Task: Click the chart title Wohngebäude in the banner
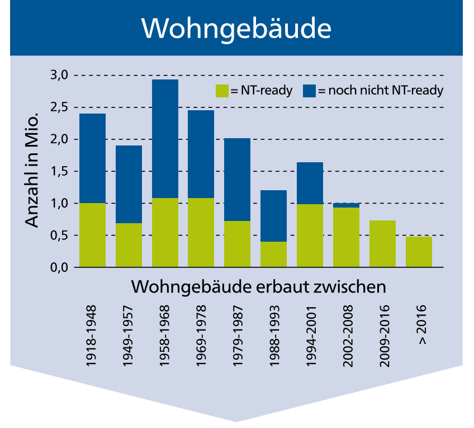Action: point(236,27)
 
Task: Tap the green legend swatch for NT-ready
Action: point(222,91)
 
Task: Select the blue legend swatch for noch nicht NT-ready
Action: point(309,91)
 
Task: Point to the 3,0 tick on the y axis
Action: point(60,75)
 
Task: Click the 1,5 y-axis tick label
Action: point(60,171)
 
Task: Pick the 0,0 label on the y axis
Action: point(60,267)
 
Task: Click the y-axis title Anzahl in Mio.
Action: point(32,171)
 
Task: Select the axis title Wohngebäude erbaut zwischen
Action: point(259,286)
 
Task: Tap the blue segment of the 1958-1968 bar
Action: point(165,138)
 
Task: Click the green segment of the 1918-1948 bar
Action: point(92,235)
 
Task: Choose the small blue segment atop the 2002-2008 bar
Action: point(346,205)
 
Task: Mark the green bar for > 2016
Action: point(419,252)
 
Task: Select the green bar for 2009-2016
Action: point(382,244)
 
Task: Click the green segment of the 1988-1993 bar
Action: point(273,255)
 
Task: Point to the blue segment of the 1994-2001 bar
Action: point(310,183)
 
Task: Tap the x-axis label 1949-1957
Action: point(129,336)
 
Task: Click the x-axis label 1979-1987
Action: point(237,336)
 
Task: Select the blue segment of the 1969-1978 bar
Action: point(201,154)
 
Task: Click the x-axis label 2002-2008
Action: point(346,336)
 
